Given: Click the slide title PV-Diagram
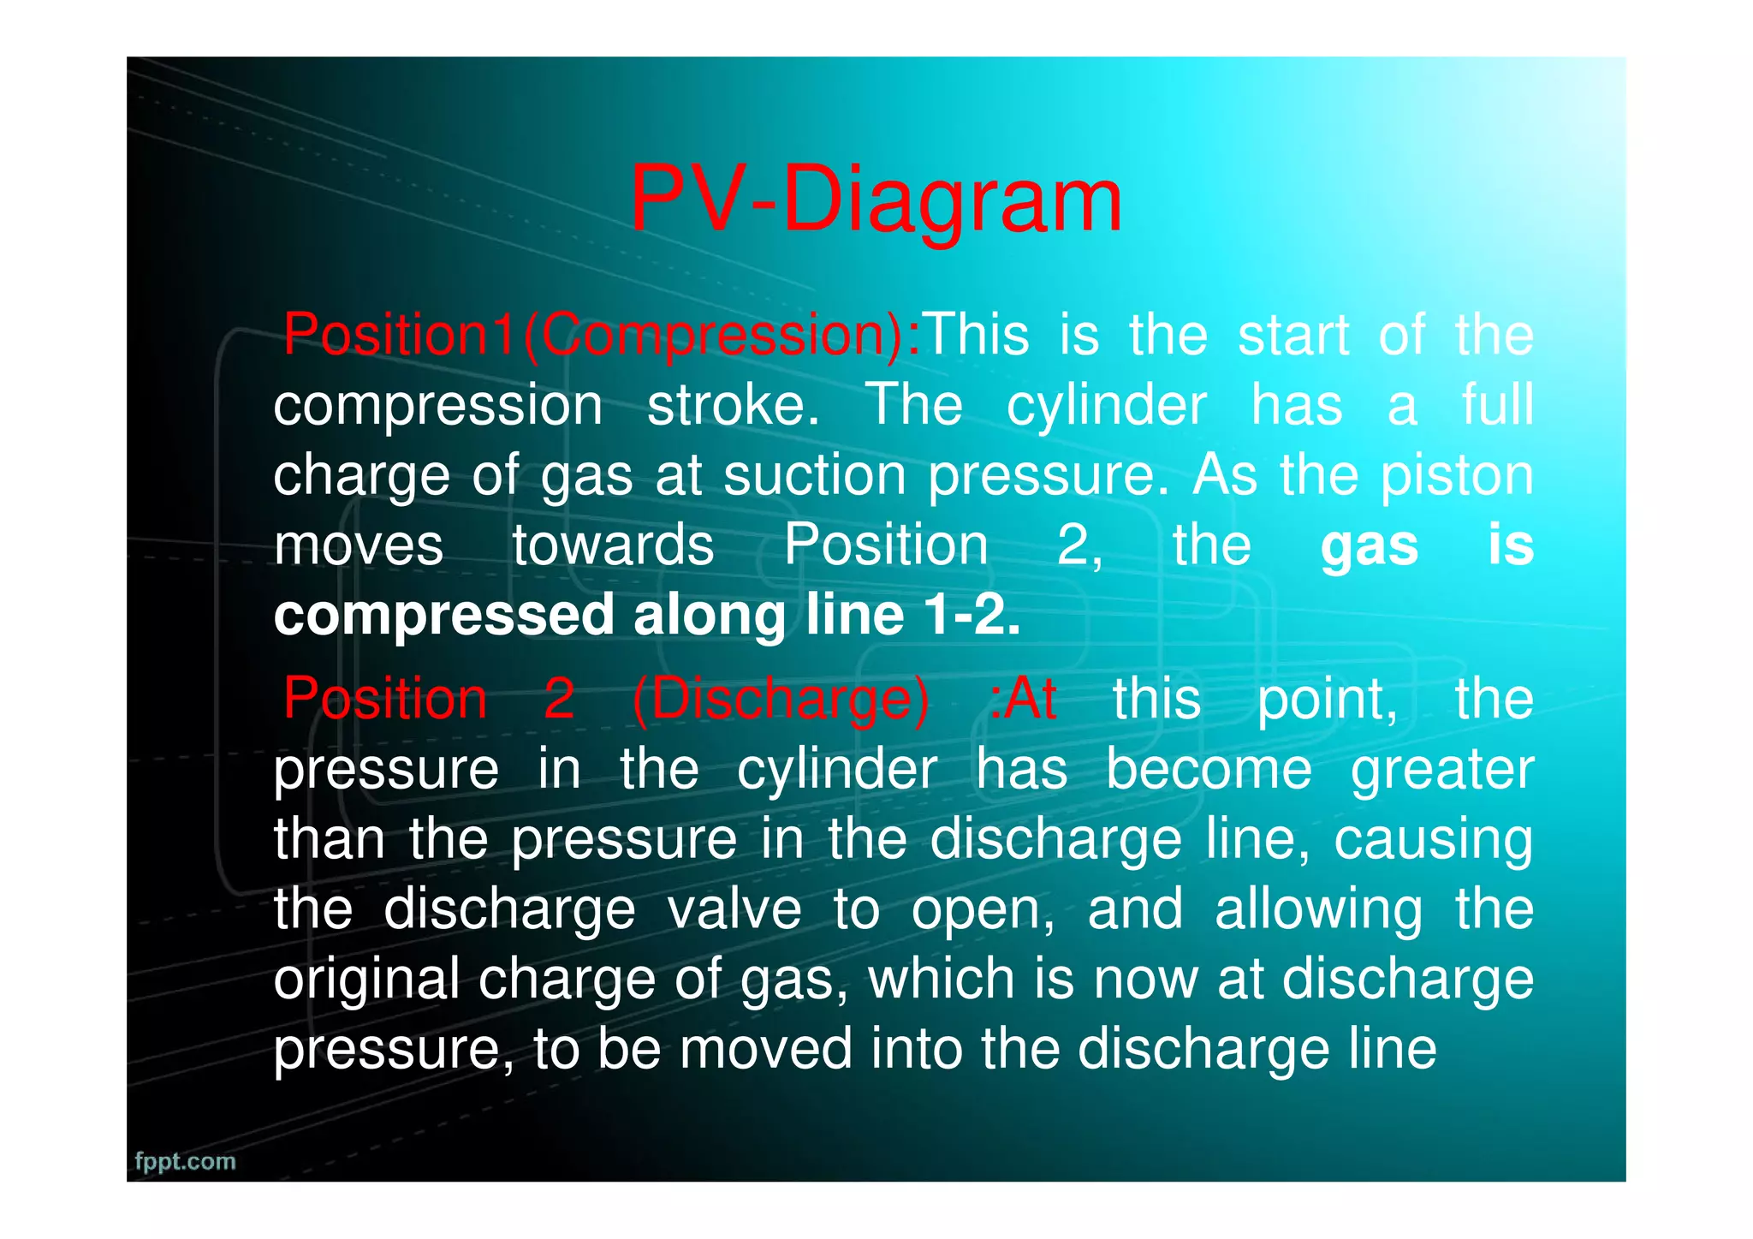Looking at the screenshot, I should click(x=875, y=201).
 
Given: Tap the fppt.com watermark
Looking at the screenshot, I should click(x=185, y=1161).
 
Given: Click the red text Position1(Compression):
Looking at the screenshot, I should click(x=602, y=335).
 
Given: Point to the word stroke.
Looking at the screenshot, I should click(x=733, y=405).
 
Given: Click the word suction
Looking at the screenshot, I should click(x=814, y=475).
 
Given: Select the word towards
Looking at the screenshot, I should click(x=613, y=545).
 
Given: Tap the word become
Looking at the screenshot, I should click(x=1209, y=769).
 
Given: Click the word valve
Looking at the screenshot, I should click(x=734, y=909).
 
